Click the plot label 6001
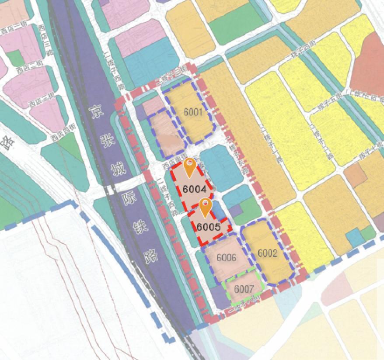coord(193,113)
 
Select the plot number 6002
coord(267,253)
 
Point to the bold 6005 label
coord(208,227)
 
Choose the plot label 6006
coord(226,258)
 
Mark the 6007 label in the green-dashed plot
coord(244,289)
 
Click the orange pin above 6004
coord(189,167)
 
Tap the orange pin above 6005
coord(205,207)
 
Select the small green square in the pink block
coord(15,58)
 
